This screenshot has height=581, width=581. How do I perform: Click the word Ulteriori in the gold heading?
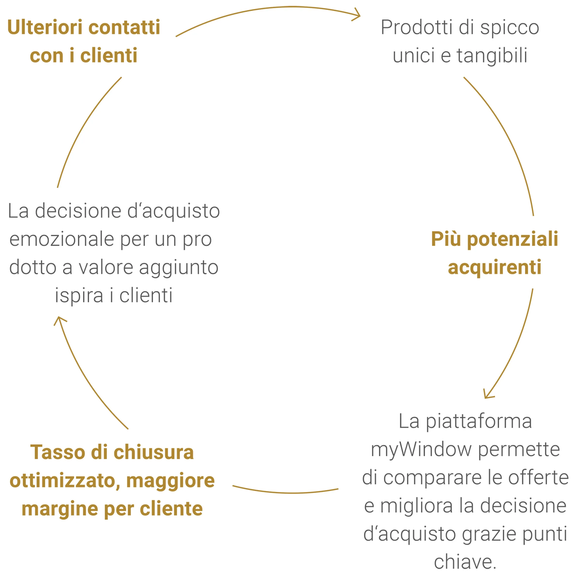45,27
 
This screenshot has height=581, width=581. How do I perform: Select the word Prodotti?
416,27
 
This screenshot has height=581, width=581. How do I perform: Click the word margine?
60,509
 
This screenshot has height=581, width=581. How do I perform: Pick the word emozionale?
62,239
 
